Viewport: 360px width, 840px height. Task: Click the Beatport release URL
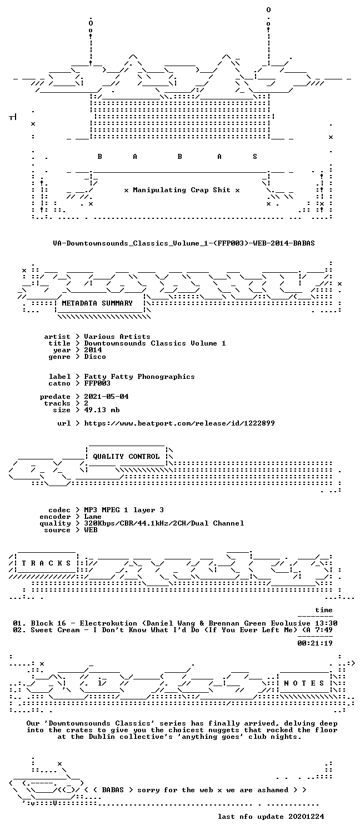point(179,423)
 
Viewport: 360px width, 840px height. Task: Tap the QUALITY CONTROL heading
point(126,456)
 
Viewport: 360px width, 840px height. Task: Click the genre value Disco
point(95,357)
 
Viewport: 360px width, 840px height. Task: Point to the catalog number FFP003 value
point(97,383)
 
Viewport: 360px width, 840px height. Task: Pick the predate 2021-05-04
point(106,396)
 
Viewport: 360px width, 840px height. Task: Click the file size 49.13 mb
point(102,410)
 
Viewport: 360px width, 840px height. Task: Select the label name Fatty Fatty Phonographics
point(139,377)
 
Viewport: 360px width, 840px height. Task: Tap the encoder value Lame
point(93,516)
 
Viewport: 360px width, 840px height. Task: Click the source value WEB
point(91,530)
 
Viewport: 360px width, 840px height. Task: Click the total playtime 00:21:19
point(315,643)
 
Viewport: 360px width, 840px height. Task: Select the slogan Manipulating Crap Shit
point(182,190)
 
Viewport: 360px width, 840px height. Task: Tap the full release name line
point(184,243)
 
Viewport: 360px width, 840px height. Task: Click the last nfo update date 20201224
point(306,816)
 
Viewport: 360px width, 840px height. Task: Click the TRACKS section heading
point(46,563)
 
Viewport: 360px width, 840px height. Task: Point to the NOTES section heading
point(304,683)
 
